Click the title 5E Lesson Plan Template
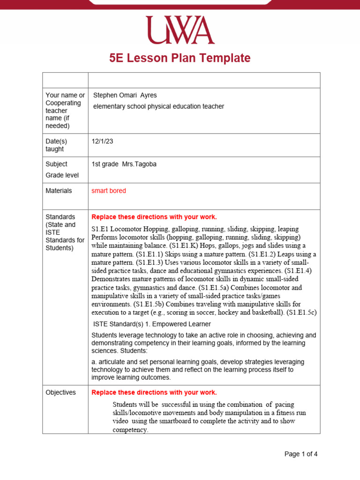(x=180, y=58)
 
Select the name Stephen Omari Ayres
(x=125, y=95)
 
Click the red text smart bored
(x=109, y=191)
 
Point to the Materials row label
(x=59, y=191)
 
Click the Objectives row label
(x=60, y=392)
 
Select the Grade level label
(x=62, y=175)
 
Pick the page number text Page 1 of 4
(x=301, y=454)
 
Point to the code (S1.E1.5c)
(x=301, y=312)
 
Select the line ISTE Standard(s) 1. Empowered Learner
(x=152, y=324)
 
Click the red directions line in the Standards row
(x=154, y=217)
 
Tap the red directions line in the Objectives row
(x=154, y=392)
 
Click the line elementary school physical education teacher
(x=158, y=106)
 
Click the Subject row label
(x=56, y=164)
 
